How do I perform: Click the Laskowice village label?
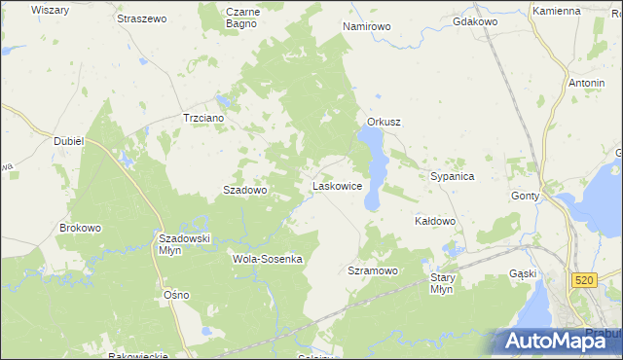337,185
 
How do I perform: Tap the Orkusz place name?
385,122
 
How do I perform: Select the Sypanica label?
452,177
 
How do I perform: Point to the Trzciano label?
203,118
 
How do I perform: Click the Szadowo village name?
245,191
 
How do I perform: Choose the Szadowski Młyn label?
185,243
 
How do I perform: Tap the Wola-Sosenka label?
268,259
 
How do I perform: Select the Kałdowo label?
435,221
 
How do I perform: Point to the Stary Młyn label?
442,283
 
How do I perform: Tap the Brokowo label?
80,228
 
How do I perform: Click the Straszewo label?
142,18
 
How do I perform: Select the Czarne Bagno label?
241,18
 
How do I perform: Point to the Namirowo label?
366,26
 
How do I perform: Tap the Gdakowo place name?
476,20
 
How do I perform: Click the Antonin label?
586,83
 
